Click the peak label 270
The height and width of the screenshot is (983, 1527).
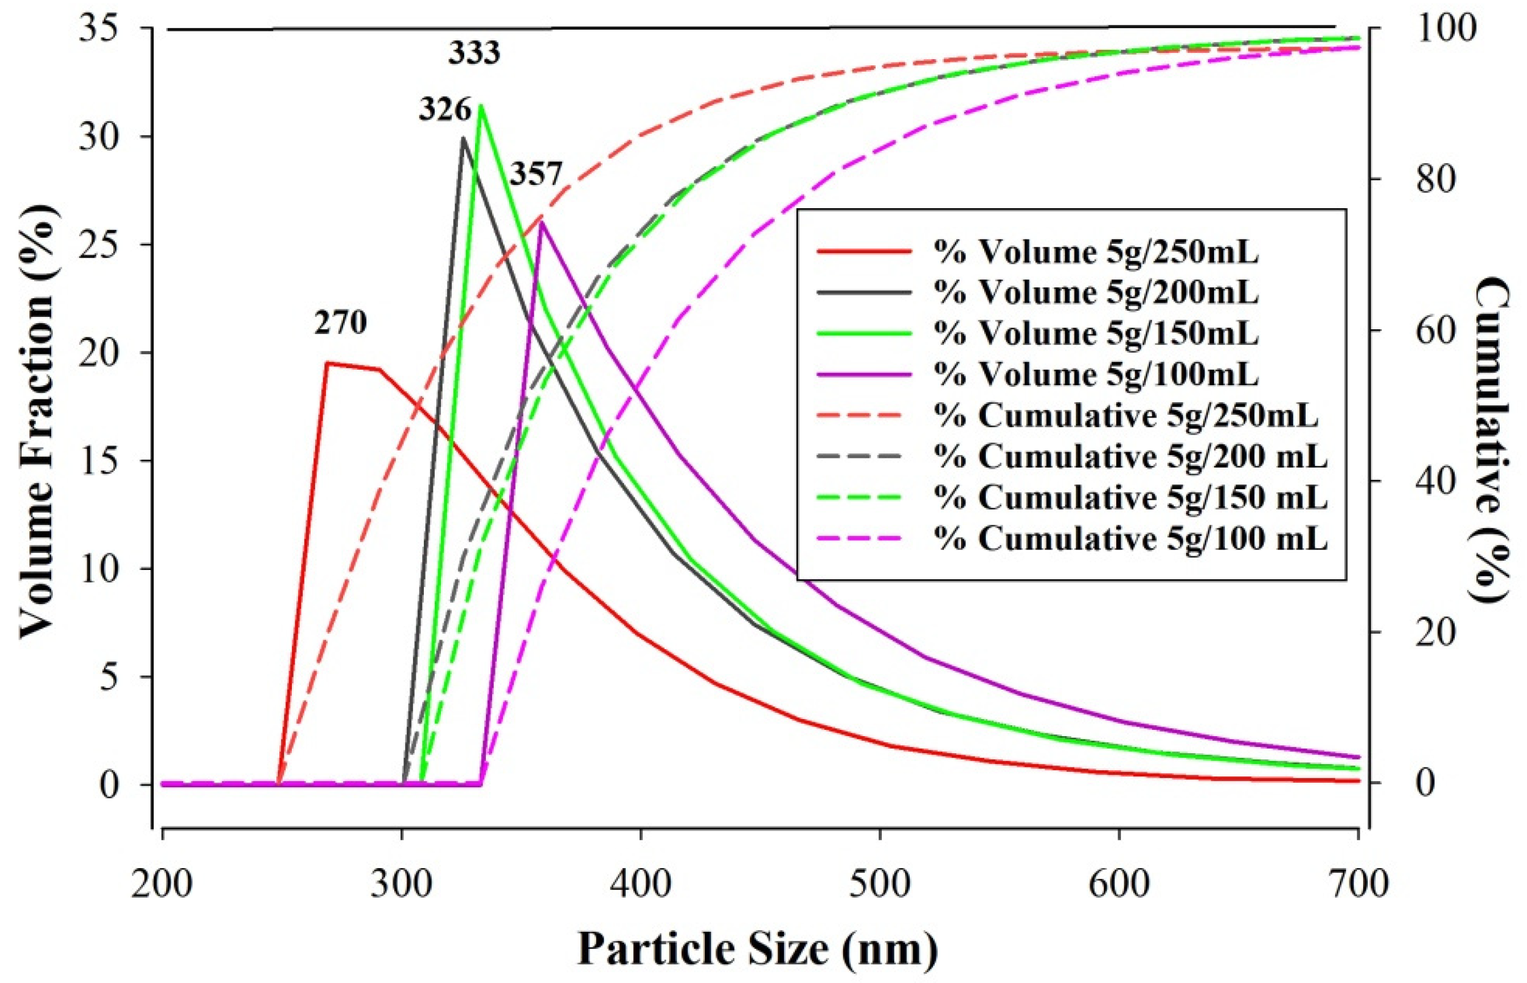340,323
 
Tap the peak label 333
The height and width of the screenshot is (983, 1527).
474,53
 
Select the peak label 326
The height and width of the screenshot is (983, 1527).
445,110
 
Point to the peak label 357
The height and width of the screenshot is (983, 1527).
535,174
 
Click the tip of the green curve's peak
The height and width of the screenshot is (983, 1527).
480,105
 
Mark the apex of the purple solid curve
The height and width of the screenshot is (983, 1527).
542,222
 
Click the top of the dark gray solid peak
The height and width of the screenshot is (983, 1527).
463,137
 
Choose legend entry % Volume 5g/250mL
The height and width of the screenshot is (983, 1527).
1095,252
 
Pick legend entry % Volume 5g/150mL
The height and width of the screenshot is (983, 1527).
1095,334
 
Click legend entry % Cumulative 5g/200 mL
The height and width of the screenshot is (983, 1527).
1130,456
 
